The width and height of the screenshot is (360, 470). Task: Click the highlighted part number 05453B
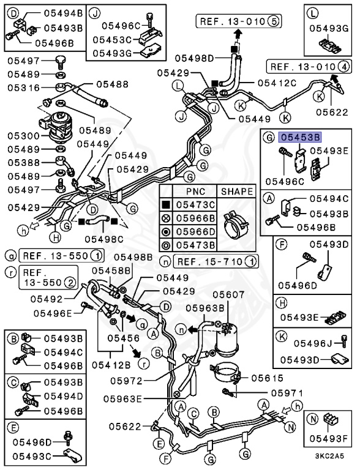[300, 138]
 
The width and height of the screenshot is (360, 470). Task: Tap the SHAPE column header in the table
[236, 191]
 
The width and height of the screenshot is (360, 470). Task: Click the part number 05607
[227, 295]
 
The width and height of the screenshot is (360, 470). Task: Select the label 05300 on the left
[23, 135]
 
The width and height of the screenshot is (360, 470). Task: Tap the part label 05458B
[111, 270]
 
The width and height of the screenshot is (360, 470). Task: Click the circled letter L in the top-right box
[312, 12]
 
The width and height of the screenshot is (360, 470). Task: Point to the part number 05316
[23, 88]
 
